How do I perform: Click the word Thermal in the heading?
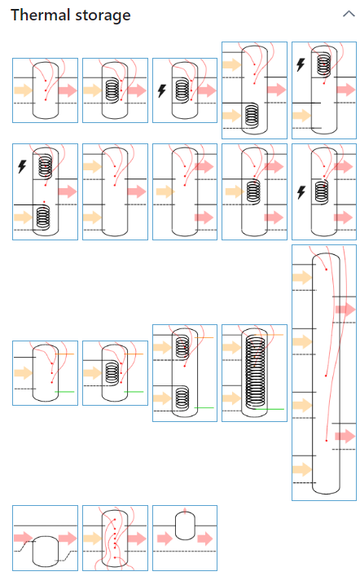tap(41, 15)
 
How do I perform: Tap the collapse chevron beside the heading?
tap(349, 15)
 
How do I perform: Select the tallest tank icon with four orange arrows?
tap(324, 372)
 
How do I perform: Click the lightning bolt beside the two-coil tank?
tap(22, 166)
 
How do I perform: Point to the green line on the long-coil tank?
tap(270, 409)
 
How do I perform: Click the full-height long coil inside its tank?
tap(255, 372)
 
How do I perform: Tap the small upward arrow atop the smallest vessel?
tap(185, 510)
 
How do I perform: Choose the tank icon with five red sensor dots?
tap(115, 538)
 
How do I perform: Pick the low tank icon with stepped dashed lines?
tap(45, 538)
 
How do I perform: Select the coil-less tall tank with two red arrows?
tap(185, 191)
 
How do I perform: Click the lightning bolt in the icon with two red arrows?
tap(301, 192)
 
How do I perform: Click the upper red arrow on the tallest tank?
tap(345, 310)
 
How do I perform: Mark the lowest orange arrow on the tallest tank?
tap(302, 469)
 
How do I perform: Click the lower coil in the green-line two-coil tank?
tap(182, 398)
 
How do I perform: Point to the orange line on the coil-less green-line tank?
tap(64, 354)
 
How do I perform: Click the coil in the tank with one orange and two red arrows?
tap(253, 191)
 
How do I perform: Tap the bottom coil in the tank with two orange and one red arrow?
tap(252, 116)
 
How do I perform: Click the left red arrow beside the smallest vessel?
tap(165, 539)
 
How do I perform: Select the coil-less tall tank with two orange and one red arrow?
tap(115, 191)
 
